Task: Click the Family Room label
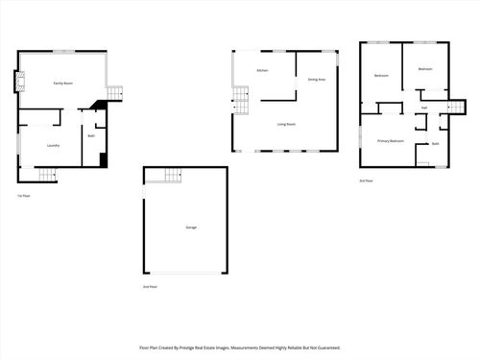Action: click(62, 84)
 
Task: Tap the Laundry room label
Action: click(54, 146)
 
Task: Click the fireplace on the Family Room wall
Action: click(16, 82)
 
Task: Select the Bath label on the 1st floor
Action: click(90, 136)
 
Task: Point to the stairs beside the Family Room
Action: click(115, 93)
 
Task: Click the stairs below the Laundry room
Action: click(47, 174)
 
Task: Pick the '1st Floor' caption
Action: click(23, 196)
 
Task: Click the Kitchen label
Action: click(261, 71)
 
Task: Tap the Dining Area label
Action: click(316, 79)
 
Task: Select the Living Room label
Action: click(286, 124)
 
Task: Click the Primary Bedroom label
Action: click(390, 141)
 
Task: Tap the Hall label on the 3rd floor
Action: click(423, 108)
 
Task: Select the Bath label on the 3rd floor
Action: click(435, 144)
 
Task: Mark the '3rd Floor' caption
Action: click(366, 180)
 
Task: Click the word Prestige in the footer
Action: click(199, 348)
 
